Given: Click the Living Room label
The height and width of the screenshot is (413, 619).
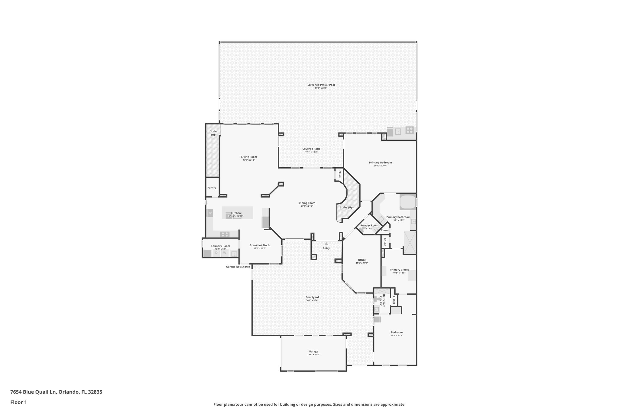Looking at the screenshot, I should click(249, 157).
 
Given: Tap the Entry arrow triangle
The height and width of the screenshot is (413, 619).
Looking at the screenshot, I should click(326, 244).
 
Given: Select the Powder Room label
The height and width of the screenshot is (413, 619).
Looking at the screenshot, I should click(369, 225).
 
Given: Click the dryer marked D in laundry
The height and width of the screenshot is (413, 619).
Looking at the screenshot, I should click(216, 253).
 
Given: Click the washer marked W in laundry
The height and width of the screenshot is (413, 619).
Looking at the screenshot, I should click(225, 253).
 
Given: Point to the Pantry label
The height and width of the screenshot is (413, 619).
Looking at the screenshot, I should click(212, 188).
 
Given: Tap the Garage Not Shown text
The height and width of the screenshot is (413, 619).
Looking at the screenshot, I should click(238, 267).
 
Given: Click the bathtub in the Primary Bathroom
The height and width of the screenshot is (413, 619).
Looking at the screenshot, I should click(408, 202).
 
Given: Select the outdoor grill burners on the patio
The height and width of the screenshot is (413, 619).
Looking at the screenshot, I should click(410, 130).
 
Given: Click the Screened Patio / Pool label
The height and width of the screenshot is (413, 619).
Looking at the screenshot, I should click(321, 85).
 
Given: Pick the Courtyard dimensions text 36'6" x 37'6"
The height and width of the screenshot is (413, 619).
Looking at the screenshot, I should click(312, 300).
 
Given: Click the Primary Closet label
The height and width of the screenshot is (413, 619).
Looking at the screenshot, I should click(399, 270).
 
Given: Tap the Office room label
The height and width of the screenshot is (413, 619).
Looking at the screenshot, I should click(362, 260).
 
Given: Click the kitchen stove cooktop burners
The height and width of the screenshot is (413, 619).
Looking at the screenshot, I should click(225, 234).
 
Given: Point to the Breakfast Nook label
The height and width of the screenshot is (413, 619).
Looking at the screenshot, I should click(260, 245).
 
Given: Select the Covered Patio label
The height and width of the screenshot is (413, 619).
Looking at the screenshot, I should click(311, 149).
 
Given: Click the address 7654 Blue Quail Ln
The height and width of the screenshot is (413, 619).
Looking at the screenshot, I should click(33, 392).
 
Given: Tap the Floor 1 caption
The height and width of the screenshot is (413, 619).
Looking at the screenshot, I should click(18, 402).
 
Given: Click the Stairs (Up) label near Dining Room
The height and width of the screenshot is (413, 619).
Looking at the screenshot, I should click(347, 207).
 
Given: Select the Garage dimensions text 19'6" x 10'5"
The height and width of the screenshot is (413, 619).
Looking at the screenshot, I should click(313, 355).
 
